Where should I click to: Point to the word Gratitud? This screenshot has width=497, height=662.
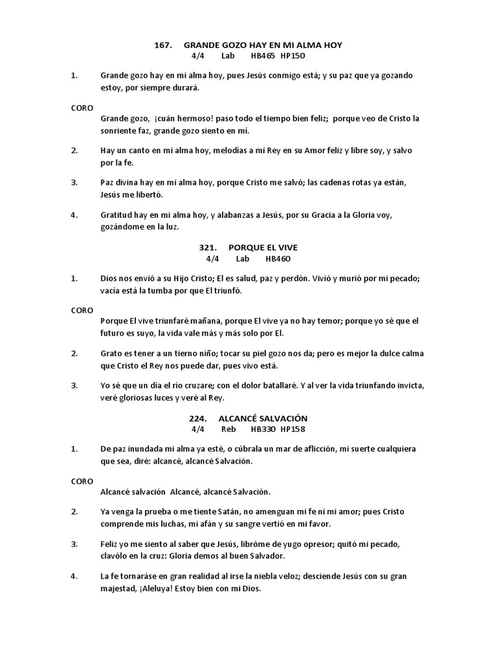tap(117, 214)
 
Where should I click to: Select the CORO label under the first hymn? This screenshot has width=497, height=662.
tap(82, 107)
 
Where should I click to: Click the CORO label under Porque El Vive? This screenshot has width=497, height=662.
tap(82, 310)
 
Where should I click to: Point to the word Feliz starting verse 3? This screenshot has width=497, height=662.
tap(110, 544)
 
